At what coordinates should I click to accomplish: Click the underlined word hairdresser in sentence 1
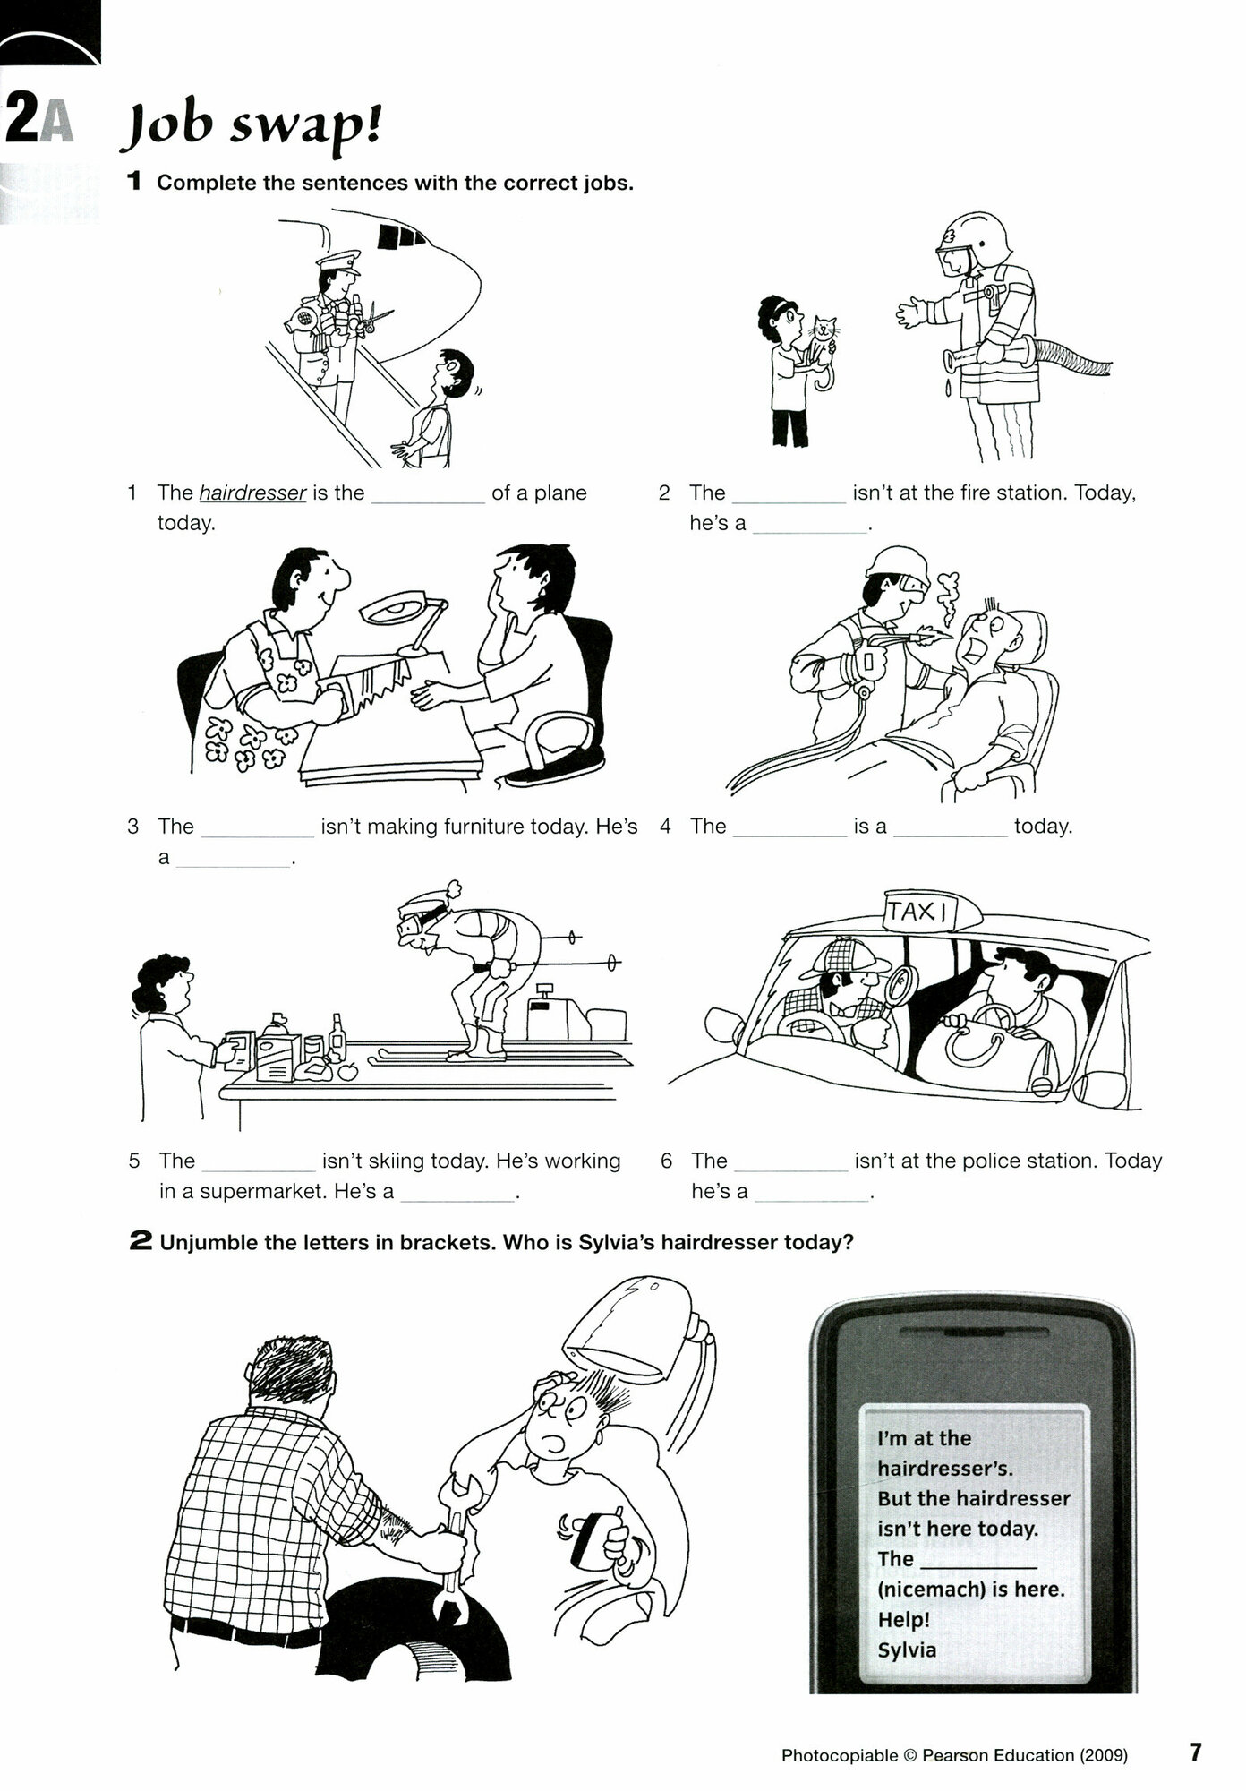coord(253,493)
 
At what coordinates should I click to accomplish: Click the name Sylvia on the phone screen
coord(907,1650)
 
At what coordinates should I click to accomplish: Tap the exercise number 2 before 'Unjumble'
coord(141,1242)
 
